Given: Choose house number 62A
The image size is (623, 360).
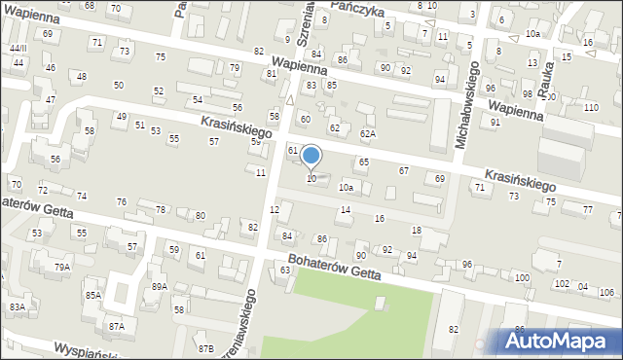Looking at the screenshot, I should point(367,133).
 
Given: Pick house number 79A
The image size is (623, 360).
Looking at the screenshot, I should point(61,267).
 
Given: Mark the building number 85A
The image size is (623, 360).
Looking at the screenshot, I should point(92,295).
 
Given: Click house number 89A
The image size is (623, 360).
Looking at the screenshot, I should point(159,286).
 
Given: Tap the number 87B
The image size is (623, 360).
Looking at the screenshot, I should point(205,348).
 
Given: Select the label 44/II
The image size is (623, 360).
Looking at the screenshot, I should point(18,48).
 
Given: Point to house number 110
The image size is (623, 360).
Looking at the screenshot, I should point(590,107).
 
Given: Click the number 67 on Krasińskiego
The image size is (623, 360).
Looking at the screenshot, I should point(403,170).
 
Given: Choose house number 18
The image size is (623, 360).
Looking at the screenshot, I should point(416,230).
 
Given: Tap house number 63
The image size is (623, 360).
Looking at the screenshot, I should point(285,270).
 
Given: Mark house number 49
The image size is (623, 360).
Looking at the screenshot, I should point(121,117).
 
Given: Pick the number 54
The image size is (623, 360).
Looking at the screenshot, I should point(197,99).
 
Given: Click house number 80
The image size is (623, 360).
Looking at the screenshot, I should point(201,215).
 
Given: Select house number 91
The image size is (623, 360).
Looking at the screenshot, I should point(495,122).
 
